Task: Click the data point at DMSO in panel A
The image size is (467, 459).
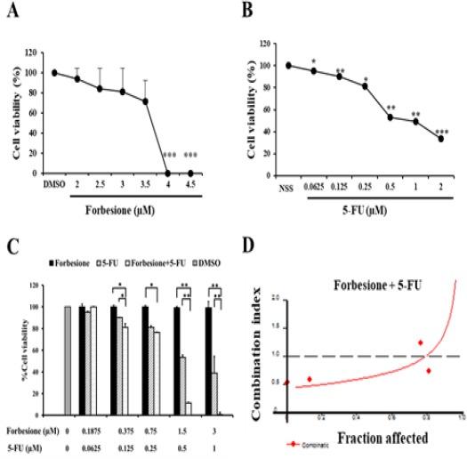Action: (54, 73)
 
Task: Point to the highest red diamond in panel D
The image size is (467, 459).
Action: (421, 342)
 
